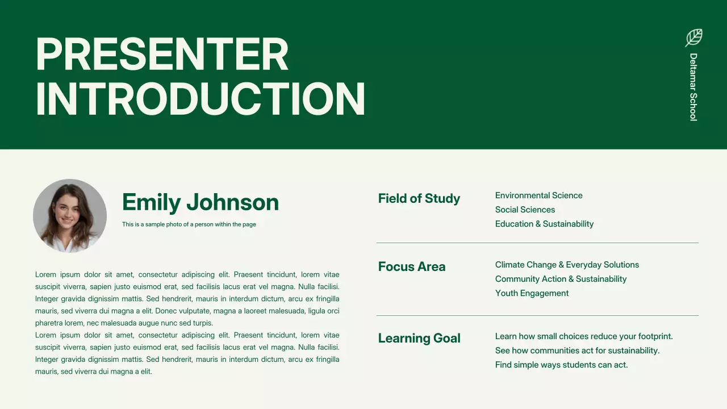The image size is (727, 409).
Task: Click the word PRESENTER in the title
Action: tap(162, 55)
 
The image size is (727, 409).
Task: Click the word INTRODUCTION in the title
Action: tap(200, 99)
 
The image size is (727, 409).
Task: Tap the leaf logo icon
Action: tap(693, 37)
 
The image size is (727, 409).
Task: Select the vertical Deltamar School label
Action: tap(693, 87)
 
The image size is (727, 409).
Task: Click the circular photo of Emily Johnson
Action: tap(70, 216)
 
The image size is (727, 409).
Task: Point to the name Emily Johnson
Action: tap(200, 202)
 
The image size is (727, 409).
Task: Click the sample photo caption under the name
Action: tap(189, 224)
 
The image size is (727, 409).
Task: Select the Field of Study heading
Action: tap(419, 198)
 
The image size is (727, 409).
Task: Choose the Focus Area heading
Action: tap(412, 266)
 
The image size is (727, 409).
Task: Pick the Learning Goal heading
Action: tap(419, 338)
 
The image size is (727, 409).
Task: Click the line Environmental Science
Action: tap(538, 195)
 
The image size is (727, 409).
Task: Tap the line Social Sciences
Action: tap(525, 210)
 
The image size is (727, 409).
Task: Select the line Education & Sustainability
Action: tap(544, 224)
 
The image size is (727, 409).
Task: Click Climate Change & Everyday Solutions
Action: tap(567, 265)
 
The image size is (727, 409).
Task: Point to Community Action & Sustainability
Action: tap(561, 279)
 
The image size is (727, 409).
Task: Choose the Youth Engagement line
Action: tap(532, 293)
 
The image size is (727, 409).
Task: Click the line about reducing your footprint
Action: tap(584, 336)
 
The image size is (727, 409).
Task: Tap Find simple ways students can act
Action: tap(561, 365)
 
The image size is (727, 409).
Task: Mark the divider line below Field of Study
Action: tap(537, 243)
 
